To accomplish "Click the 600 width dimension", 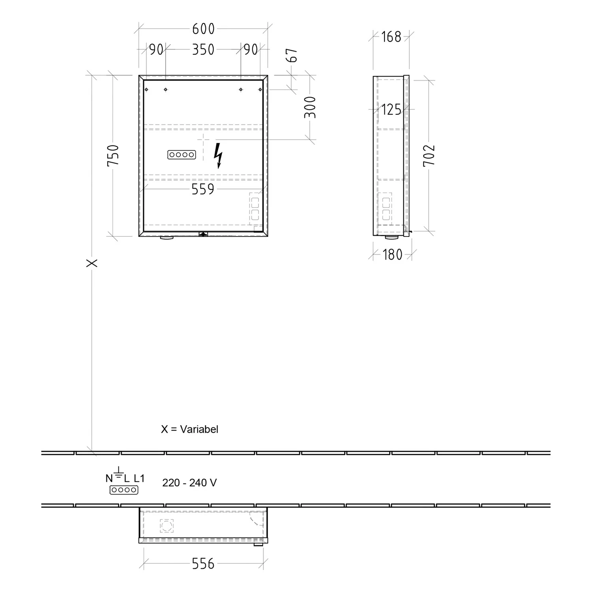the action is pos(203,29).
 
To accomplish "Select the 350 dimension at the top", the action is pos(203,50).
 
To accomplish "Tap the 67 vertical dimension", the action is pos(292,55).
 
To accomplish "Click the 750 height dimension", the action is pos(113,155).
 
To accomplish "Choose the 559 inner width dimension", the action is pos(203,189).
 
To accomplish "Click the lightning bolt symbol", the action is pos(218,155).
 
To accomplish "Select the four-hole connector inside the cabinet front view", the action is pos(182,155).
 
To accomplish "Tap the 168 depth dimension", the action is pos(391,37).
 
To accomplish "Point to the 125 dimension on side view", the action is pos(391,109).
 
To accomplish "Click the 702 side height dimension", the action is pos(429,155).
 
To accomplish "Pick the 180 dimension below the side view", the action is pos(392,255).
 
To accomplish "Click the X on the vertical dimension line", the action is pos(92,263).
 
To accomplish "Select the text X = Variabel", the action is pos(189,429).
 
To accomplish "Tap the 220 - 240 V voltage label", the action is pos(189,483).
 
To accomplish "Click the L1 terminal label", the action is pos(139,478).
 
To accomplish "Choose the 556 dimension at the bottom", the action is pos(203,564).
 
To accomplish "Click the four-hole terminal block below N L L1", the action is pos(124,490).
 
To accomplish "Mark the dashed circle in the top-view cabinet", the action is pos(166,526).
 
